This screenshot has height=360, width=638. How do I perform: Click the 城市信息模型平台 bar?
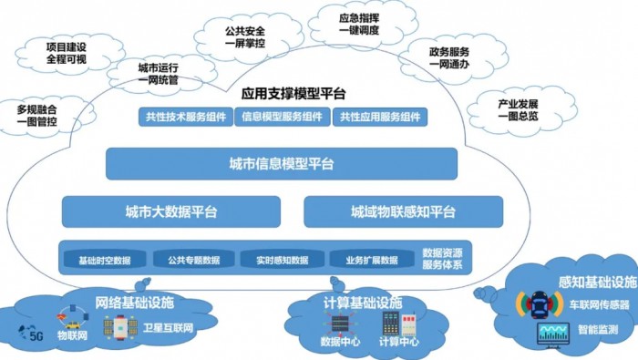tap(282, 165)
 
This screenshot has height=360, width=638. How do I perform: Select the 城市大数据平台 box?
tap(171, 211)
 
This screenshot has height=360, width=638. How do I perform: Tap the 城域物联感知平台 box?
tap(403, 211)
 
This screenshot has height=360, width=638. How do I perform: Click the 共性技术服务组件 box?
tap(186, 117)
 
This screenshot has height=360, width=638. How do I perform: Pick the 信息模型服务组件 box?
tap(283, 117)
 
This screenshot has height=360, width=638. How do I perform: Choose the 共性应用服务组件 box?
tap(379, 117)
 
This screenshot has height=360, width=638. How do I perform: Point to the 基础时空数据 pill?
tap(105, 260)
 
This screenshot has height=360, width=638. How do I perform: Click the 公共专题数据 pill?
tap(193, 260)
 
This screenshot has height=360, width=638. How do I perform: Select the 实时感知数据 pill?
tap(283, 260)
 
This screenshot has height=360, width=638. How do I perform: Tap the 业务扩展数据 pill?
tap(371, 260)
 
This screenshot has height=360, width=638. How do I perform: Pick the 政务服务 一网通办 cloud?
tap(448, 58)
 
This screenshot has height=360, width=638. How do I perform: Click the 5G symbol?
tap(36, 334)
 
